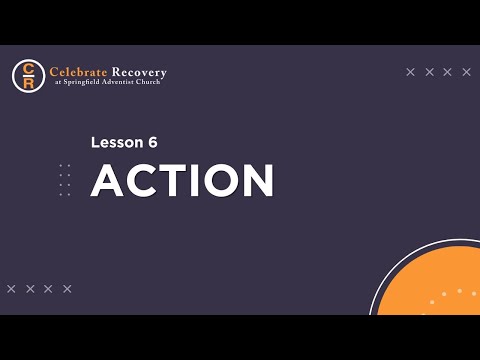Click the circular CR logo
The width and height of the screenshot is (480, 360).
click(28, 76)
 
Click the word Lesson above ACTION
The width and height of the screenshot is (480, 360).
click(116, 142)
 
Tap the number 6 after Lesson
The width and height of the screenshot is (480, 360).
click(152, 142)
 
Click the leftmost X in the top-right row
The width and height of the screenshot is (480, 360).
click(411, 72)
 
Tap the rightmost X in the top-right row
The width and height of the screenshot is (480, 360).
click(466, 72)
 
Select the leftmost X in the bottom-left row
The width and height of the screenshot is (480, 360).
click(11, 289)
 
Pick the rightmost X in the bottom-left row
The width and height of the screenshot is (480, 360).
click(67, 289)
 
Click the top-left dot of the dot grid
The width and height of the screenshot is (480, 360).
click(61, 165)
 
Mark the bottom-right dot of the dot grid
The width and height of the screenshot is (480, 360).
click(69, 194)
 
